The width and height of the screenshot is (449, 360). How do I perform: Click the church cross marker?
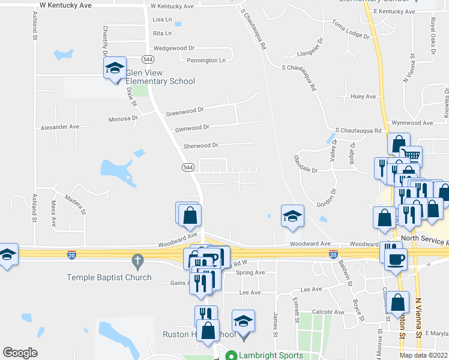[137, 262]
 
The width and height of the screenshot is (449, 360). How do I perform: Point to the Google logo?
[20, 353]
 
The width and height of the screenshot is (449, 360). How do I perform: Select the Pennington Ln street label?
[206, 60]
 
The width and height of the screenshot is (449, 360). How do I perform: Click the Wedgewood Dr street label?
[174, 47]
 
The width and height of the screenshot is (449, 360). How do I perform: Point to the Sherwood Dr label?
[200, 145]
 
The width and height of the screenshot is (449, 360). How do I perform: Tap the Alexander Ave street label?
[60, 127]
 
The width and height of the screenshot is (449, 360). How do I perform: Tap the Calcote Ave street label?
[328, 312]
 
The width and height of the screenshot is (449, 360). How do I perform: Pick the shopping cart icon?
[411, 155]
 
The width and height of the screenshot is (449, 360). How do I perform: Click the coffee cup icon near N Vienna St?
[396, 259]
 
